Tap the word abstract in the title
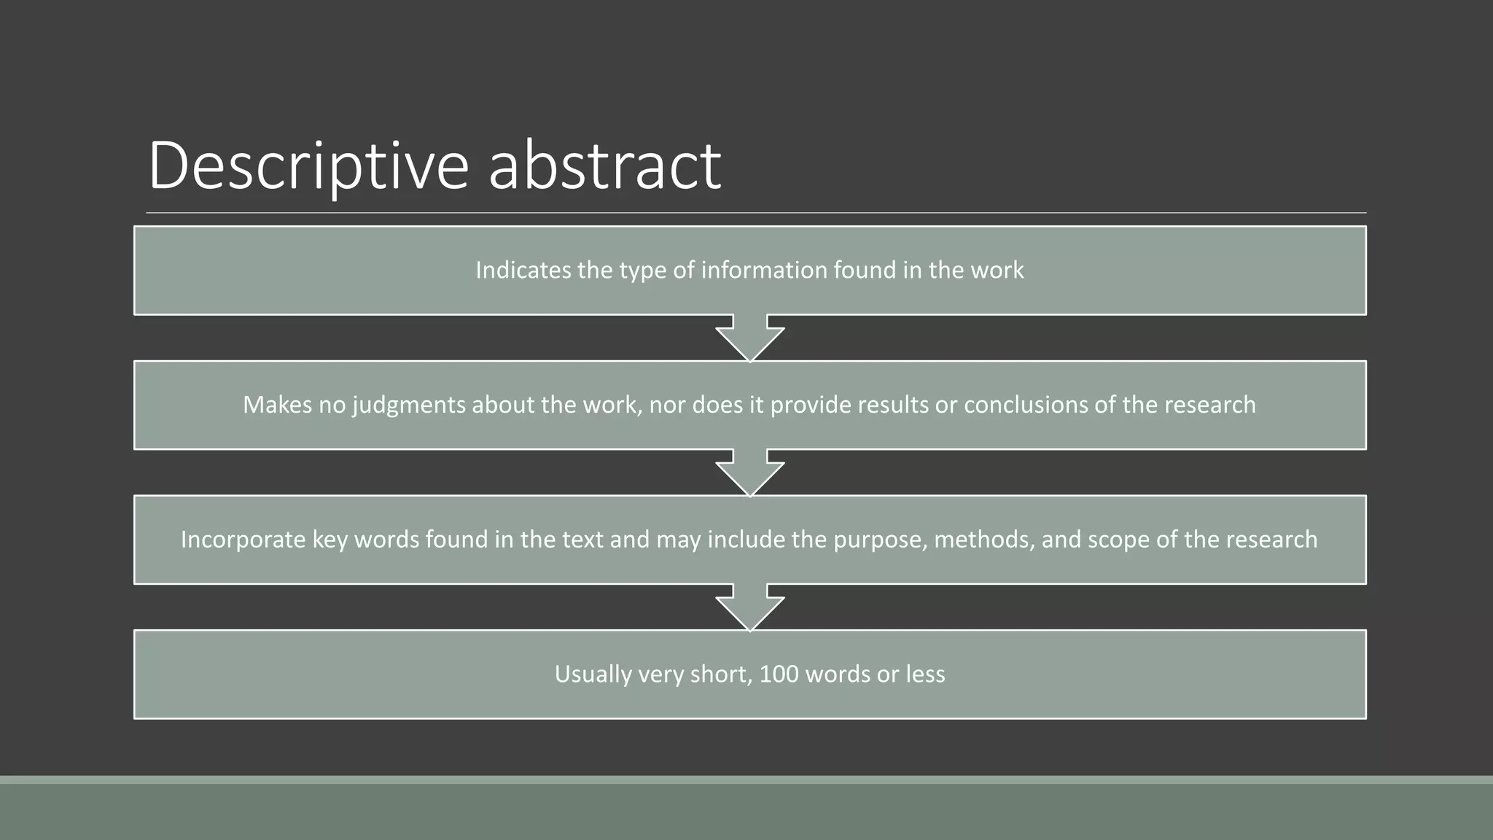[x=604, y=166]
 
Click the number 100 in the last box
[x=779, y=674]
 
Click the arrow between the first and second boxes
[x=749, y=338]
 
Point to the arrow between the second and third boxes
[x=749, y=472]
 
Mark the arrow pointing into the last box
[x=749, y=607]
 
